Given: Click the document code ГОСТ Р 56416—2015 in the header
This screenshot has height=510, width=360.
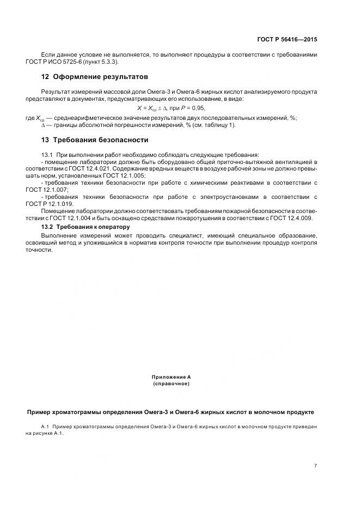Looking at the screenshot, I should click(x=287, y=40).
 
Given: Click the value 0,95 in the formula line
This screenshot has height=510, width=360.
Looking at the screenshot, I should click(x=198, y=108).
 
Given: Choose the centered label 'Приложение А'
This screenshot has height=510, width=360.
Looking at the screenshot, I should click(x=171, y=377).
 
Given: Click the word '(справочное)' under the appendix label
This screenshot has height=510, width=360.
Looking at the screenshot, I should click(x=171, y=384).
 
